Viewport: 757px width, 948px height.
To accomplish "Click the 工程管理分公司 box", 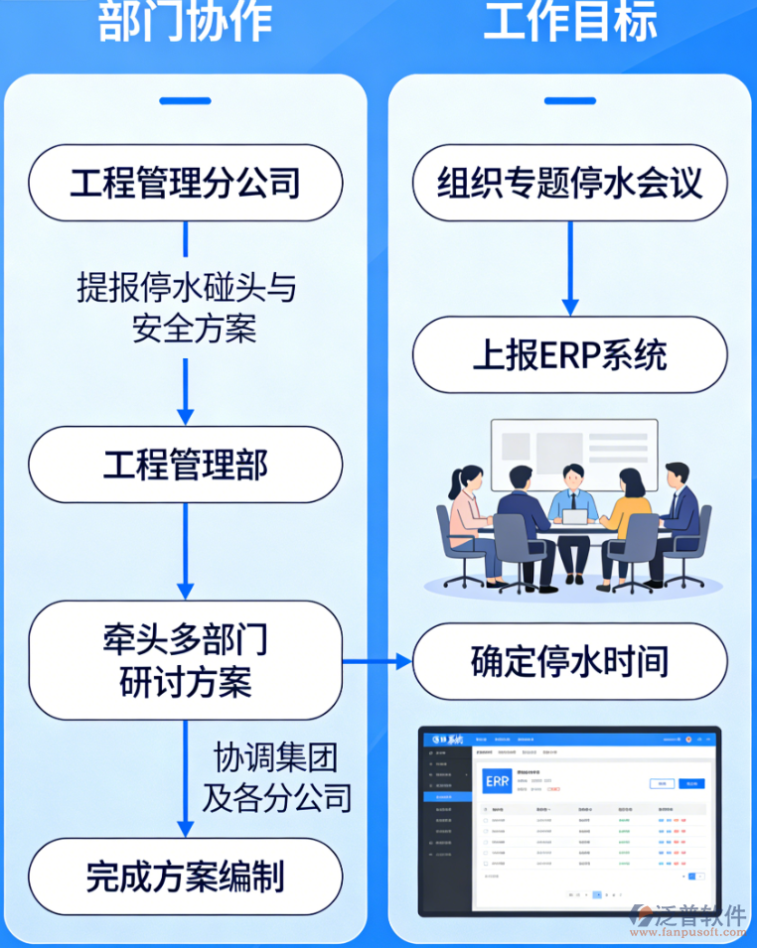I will (185, 184).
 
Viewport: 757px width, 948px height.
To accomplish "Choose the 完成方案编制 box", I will (185, 876).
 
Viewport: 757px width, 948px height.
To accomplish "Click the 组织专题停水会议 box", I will (570, 184).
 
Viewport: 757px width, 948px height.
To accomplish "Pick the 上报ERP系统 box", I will (570, 355).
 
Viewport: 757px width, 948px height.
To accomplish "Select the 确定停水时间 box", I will (570, 662).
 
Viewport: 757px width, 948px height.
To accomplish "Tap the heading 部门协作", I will (185, 22).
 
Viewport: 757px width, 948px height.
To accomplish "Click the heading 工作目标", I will (570, 22).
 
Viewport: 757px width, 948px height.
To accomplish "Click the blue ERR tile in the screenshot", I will (497, 781).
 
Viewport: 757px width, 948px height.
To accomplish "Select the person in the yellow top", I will (626, 521).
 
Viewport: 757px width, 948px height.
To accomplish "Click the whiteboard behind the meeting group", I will (573, 453).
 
